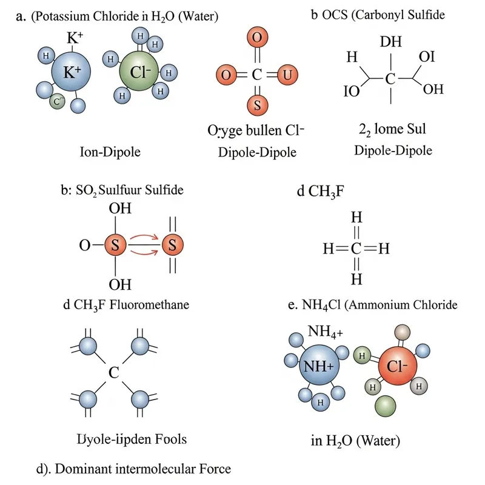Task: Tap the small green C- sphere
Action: (58, 102)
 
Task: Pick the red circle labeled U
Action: (287, 75)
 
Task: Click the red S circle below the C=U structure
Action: (257, 104)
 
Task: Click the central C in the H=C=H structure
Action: (356, 249)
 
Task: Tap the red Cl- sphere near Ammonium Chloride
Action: (395, 368)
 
